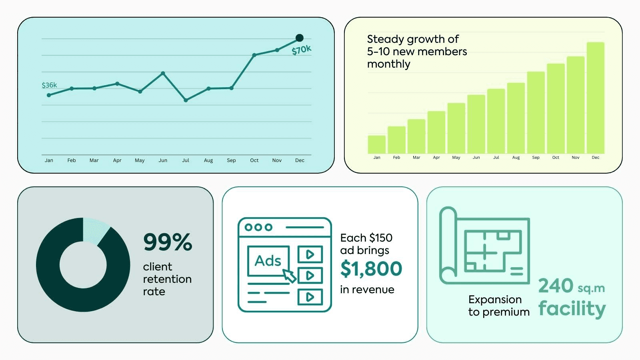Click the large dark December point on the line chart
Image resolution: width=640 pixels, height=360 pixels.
click(300, 38)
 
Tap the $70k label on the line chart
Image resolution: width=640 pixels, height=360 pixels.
click(301, 50)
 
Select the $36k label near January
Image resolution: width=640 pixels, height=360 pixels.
click(49, 85)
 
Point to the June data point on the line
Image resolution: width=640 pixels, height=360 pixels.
click(163, 73)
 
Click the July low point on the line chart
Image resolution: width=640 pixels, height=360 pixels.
click(186, 100)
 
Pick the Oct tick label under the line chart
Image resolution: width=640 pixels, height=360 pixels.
click(254, 160)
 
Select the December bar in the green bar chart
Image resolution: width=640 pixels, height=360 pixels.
click(596, 98)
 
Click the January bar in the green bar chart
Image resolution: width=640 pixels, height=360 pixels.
click(376, 144)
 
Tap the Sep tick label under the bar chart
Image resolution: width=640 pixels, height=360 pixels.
click(536, 158)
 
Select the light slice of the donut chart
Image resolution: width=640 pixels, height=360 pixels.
click(95, 230)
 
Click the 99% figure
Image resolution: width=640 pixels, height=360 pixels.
click(168, 242)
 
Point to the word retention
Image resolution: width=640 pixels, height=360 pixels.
click(167, 279)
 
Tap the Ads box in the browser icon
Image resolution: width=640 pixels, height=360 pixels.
click(268, 261)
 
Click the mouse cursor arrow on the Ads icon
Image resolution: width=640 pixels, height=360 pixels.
click(289, 276)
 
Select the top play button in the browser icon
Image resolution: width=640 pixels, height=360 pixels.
click(310, 254)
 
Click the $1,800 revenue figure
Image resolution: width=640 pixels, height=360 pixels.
click(371, 268)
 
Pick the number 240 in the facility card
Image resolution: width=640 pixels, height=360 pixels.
click(556, 286)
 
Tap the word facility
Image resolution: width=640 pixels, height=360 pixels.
click(572, 308)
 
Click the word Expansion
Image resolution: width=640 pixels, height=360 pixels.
click(495, 300)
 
